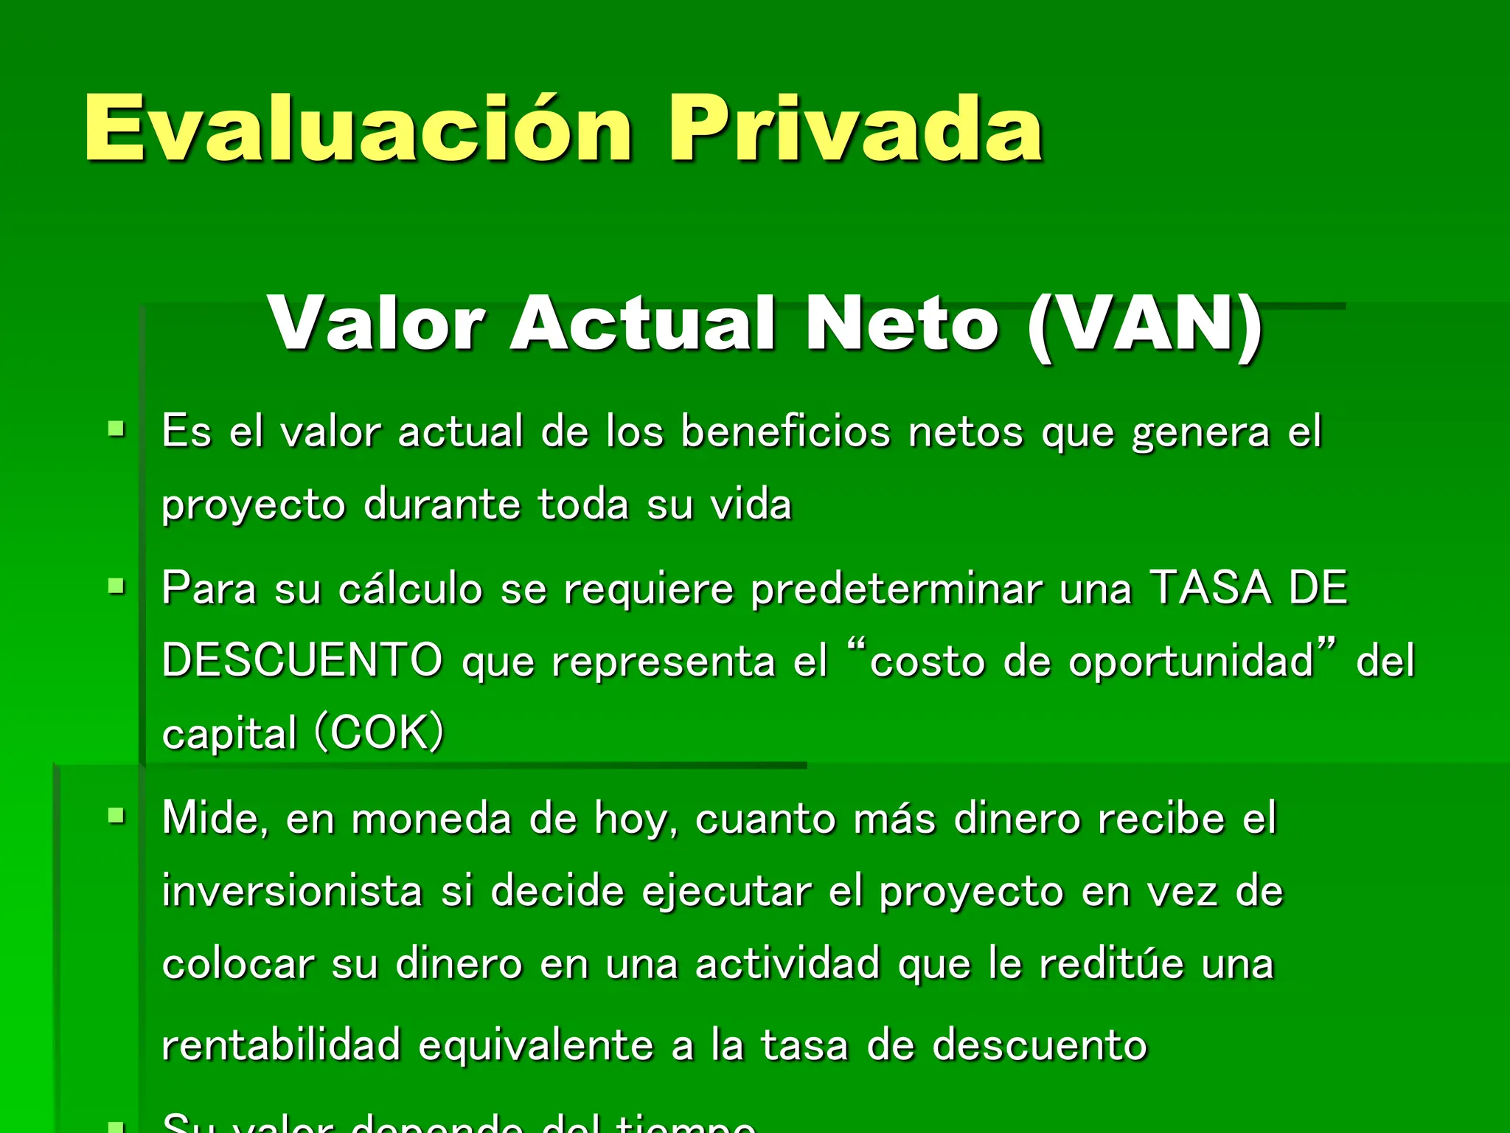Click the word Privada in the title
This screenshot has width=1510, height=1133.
(x=855, y=128)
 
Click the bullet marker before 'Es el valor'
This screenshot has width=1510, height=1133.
(x=116, y=429)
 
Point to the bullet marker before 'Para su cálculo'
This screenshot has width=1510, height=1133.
(x=116, y=586)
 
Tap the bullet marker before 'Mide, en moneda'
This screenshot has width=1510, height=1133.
(x=116, y=816)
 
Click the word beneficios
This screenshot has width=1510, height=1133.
(x=785, y=432)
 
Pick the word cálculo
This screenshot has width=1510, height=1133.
(x=410, y=589)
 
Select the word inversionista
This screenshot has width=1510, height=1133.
(x=292, y=891)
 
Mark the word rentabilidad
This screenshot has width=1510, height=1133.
(x=281, y=1045)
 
